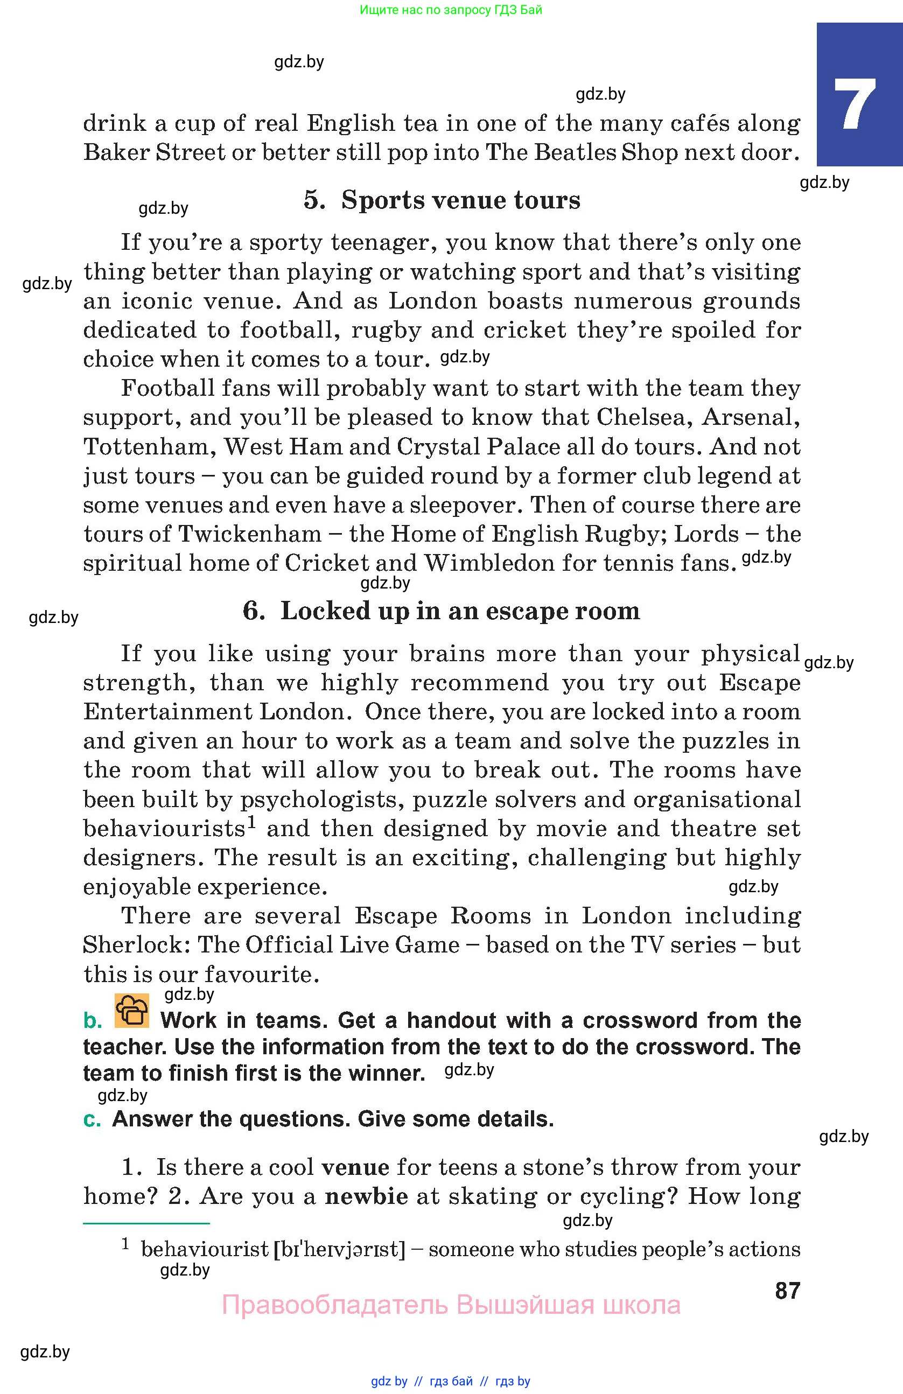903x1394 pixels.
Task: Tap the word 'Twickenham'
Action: [x=249, y=534]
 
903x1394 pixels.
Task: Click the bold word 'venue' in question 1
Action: [x=355, y=1167]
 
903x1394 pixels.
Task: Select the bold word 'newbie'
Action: [x=366, y=1196]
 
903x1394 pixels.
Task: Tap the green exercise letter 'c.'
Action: [x=92, y=1119]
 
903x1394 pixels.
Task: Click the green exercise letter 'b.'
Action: [x=93, y=1020]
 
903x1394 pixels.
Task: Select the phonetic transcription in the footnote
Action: [x=339, y=1249]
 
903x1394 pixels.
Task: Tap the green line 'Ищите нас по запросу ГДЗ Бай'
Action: [x=451, y=9]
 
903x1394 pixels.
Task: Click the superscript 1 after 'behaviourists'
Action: [x=251, y=822]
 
